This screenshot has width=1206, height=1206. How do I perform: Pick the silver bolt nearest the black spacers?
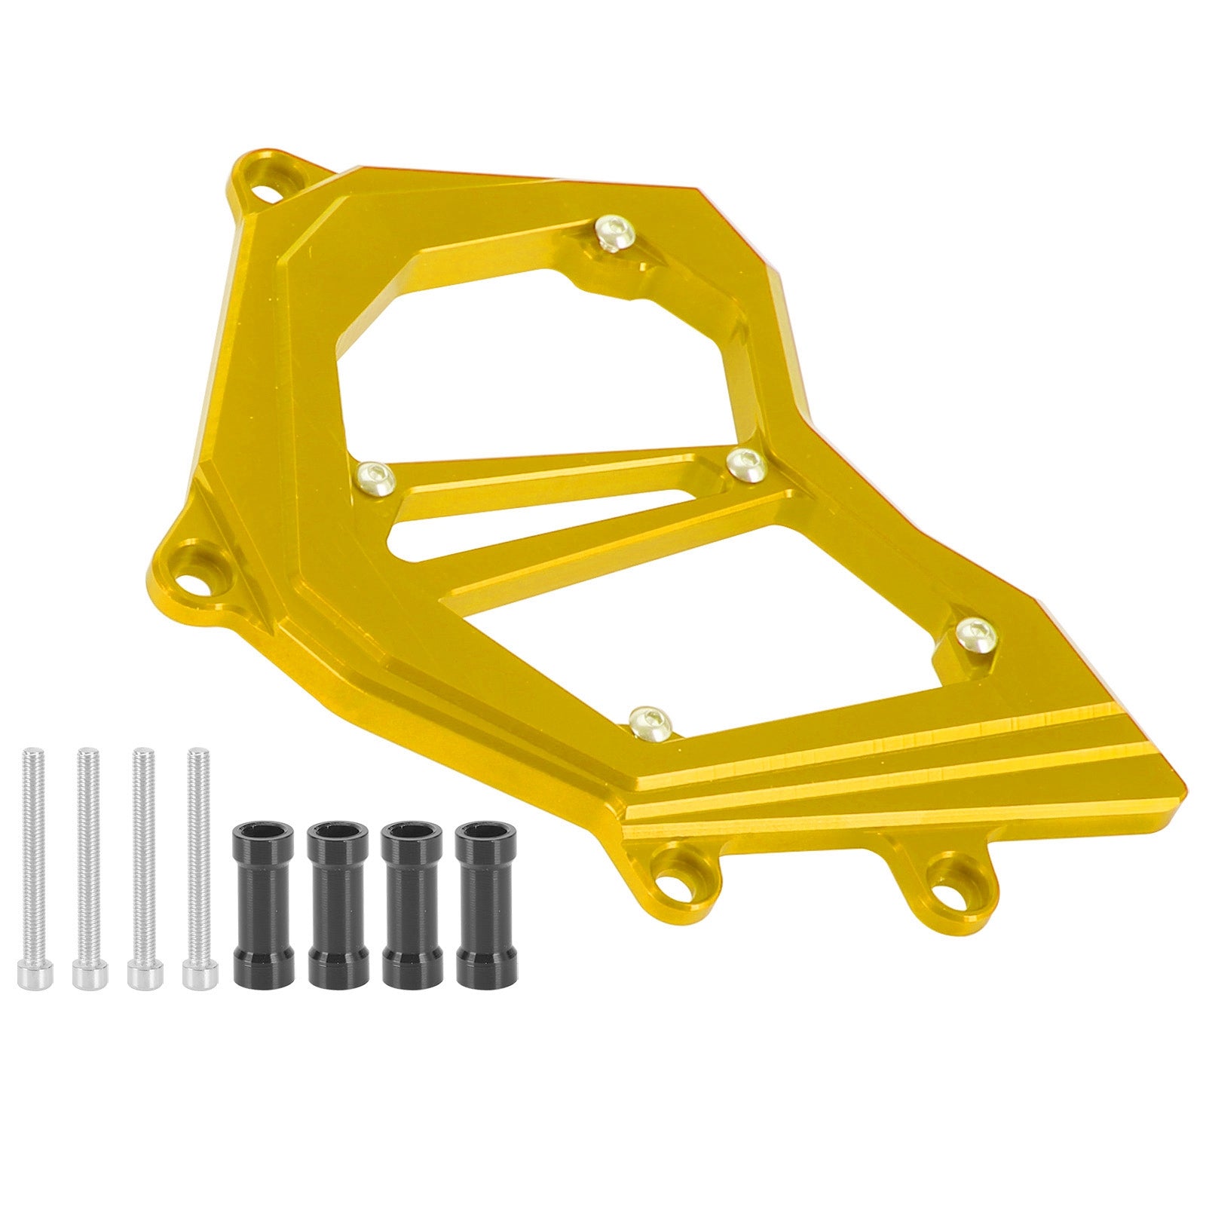197,867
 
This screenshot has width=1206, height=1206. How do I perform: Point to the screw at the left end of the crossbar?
375,476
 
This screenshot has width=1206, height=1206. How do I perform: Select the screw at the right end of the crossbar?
746,463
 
